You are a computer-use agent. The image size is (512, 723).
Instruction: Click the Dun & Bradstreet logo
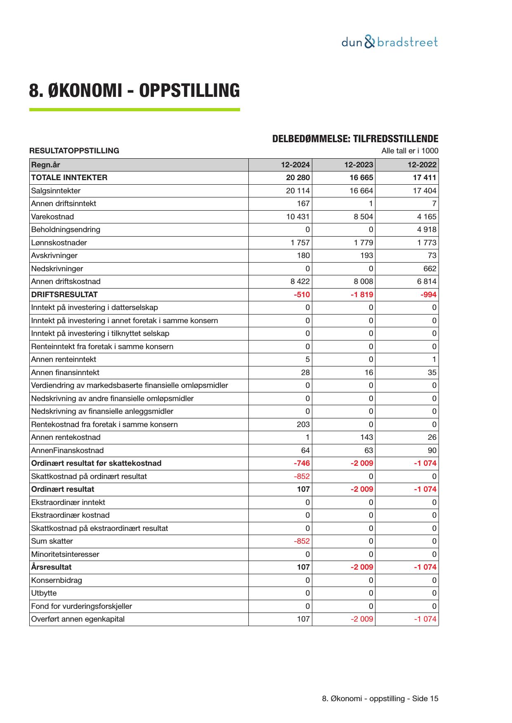click(x=389, y=42)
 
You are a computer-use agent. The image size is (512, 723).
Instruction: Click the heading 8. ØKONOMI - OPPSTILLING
click(x=134, y=91)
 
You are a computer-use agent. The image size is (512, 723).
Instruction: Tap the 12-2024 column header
click(x=295, y=165)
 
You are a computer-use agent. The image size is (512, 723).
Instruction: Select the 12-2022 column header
click(x=422, y=165)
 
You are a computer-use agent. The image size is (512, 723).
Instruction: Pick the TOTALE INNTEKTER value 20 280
click(x=297, y=178)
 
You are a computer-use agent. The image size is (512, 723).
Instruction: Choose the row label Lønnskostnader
click(x=59, y=243)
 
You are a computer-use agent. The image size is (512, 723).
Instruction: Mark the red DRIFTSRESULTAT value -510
click(x=302, y=295)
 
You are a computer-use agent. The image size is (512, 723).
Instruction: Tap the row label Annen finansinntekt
click(x=65, y=373)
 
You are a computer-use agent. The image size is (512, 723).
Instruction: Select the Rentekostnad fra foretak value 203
click(x=303, y=425)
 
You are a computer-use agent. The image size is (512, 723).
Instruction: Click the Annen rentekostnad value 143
click(x=366, y=437)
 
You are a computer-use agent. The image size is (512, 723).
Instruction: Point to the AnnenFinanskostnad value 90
click(x=432, y=451)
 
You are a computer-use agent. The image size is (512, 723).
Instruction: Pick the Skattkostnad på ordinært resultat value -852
click(x=302, y=477)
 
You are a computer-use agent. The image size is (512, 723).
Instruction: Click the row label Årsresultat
click(x=51, y=567)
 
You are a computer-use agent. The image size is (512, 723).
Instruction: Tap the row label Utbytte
click(x=44, y=593)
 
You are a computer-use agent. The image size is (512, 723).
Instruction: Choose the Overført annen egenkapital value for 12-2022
click(x=425, y=619)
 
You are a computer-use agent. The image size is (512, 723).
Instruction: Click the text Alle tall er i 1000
click(x=410, y=151)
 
